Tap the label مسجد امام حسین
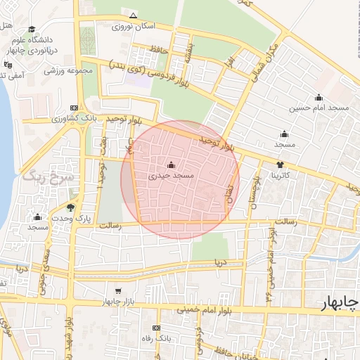point(321,108)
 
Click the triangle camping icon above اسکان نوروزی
point(134,15)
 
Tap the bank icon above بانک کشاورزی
point(73,108)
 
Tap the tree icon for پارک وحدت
point(70,207)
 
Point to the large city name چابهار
point(339,303)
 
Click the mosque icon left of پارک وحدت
point(37,217)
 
